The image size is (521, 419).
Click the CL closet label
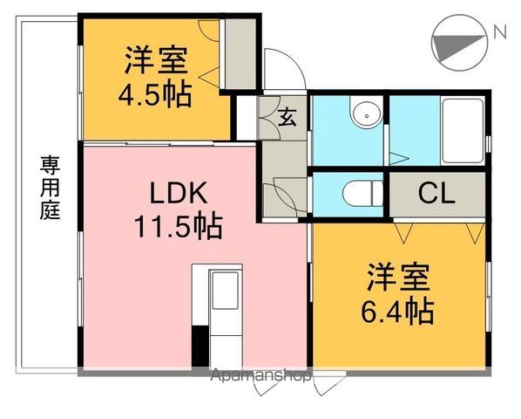tap(436, 193)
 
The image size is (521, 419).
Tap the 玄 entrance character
tap(287, 115)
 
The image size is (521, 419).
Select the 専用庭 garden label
tap(49, 188)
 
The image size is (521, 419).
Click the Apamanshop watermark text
tap(260, 377)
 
